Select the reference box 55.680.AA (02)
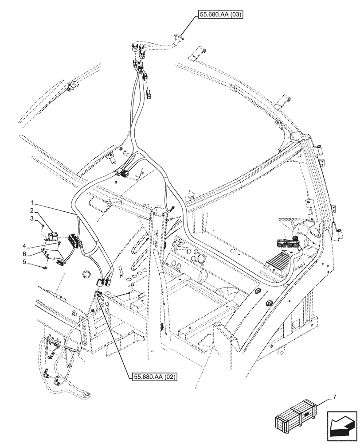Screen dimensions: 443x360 tap(155, 377)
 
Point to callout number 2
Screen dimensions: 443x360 tap(32, 210)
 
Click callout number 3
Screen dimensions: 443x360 tap(32, 218)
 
